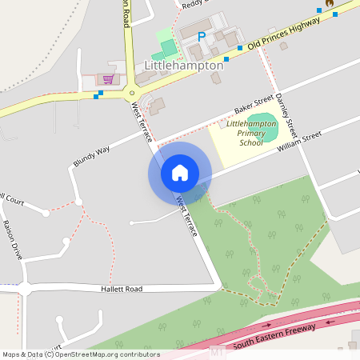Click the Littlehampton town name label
pos(183,66)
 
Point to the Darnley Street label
pos(286,116)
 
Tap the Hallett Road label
pos(122,288)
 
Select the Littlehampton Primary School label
pos(251,133)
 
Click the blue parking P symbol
pos(202,36)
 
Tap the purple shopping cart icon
pos(106,79)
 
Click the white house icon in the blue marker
pos(180,173)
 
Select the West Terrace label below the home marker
pos(186,215)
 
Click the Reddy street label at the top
pos(192,4)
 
